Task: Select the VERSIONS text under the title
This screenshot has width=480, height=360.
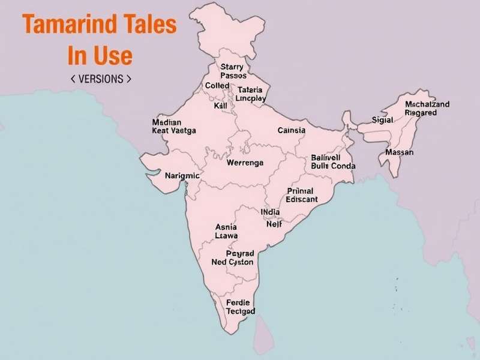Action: click(x=101, y=79)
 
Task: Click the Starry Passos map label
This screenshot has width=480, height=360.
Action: click(x=233, y=71)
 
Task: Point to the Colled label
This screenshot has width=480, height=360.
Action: click(x=217, y=86)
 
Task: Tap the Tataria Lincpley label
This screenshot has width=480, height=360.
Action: click(x=251, y=94)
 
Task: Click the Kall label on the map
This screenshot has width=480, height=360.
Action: click(x=220, y=106)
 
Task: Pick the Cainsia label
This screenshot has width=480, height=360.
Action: click(x=292, y=130)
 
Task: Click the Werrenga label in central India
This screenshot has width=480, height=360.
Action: click(x=245, y=163)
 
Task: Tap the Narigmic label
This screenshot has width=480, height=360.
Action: click(x=182, y=176)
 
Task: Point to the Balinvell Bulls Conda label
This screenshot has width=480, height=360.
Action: click(x=333, y=161)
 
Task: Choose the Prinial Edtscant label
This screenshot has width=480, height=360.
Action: click(x=302, y=195)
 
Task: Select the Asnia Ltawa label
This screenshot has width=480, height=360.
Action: click(x=226, y=232)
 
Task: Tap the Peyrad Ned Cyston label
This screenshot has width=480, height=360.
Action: click(x=233, y=257)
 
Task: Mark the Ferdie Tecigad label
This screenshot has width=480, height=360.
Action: click(x=240, y=307)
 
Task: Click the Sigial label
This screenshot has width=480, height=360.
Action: click(x=382, y=120)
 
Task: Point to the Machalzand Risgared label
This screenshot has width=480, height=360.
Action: click(x=427, y=108)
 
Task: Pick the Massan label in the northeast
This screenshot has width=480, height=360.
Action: click(x=399, y=152)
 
